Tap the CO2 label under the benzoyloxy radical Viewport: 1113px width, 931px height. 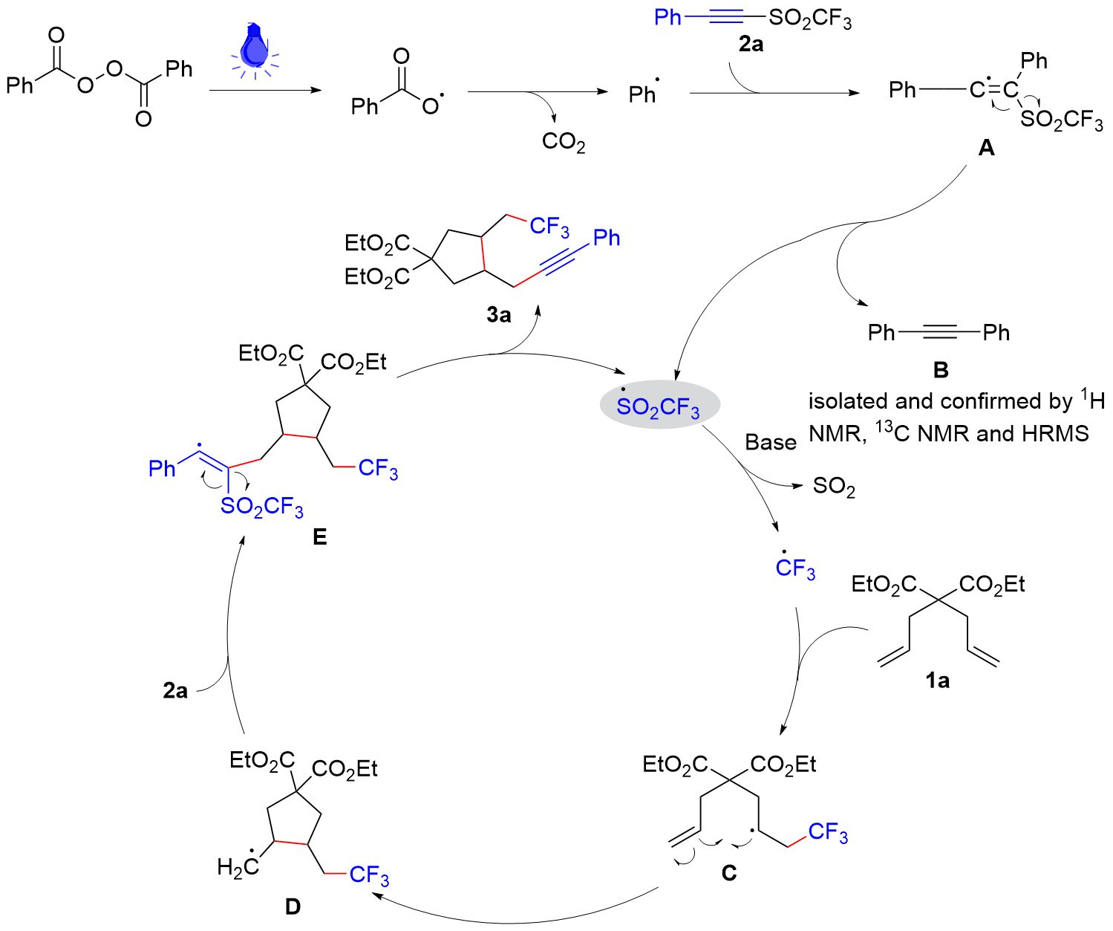click(x=563, y=141)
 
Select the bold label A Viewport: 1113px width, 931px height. click(x=986, y=149)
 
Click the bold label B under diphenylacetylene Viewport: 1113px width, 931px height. click(x=940, y=369)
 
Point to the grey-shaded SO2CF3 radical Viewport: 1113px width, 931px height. click(x=659, y=406)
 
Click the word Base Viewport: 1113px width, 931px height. click(x=771, y=443)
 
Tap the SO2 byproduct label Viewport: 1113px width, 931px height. click(x=834, y=487)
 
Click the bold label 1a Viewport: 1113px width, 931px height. click(x=937, y=680)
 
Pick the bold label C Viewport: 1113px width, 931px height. click(x=729, y=872)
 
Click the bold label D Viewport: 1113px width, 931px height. click(x=293, y=906)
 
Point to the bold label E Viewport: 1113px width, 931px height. click(x=320, y=536)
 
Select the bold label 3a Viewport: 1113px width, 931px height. click(x=499, y=315)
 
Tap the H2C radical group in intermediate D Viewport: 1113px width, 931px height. click(x=238, y=866)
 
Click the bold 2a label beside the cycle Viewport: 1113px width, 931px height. click(x=175, y=691)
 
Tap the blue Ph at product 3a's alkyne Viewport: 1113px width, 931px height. click(x=606, y=238)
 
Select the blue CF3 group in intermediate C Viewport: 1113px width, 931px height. click(x=827, y=833)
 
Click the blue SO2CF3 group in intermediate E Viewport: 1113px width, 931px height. click(x=261, y=507)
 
